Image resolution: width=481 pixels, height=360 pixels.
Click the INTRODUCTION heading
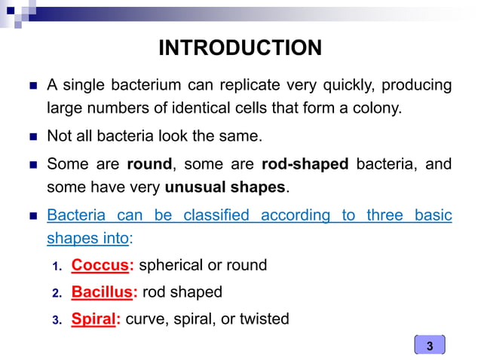point(240,48)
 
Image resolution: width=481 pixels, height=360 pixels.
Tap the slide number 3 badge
point(430,346)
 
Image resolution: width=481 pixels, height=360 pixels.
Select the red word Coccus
point(97,265)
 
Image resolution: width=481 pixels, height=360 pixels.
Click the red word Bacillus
point(100,292)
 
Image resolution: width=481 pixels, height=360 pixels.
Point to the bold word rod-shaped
point(305,163)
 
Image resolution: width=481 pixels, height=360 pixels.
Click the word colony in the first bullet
point(378,108)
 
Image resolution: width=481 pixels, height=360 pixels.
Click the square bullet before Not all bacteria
point(32,136)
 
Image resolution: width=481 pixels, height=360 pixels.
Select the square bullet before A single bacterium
point(32,84)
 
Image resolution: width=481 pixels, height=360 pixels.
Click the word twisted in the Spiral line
point(264,319)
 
